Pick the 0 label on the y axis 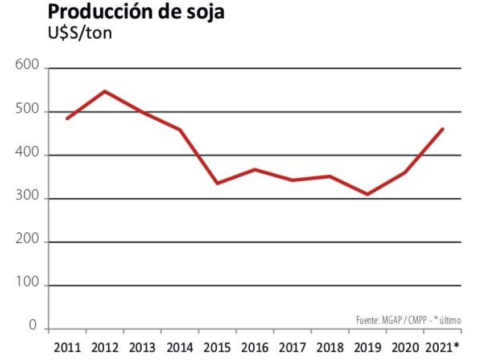point(33,326)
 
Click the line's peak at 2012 point(105,91)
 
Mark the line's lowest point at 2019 point(367,194)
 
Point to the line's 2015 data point point(217,183)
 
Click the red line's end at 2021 point(442,129)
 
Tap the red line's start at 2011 point(68,118)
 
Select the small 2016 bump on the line point(255,169)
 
